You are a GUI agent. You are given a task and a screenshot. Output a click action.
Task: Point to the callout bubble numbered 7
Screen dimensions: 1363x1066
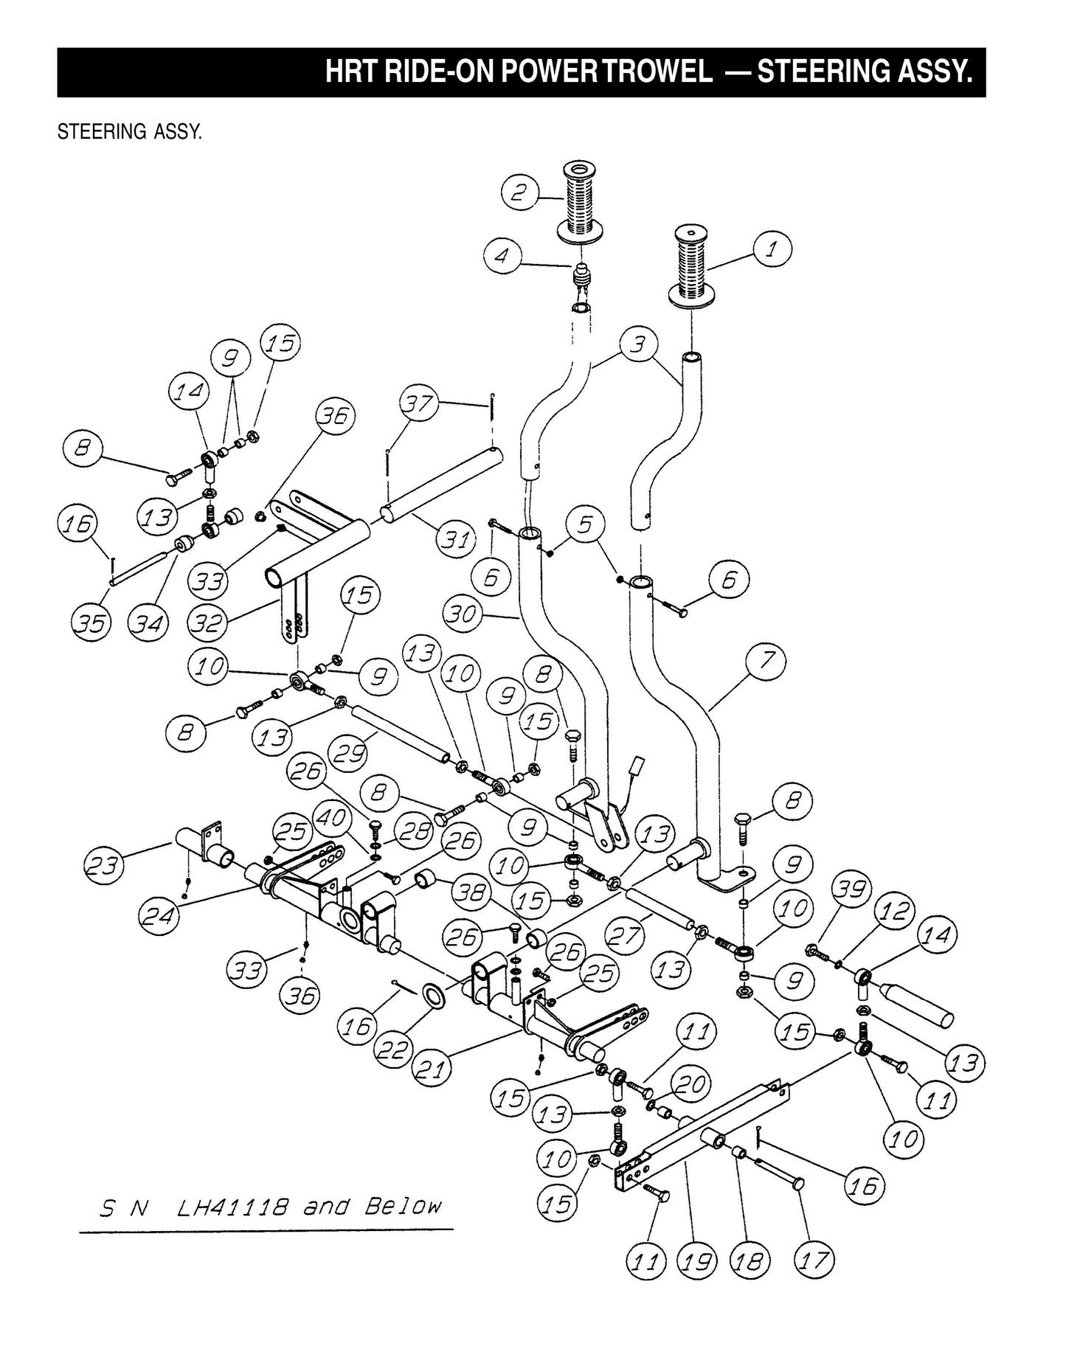[766, 660]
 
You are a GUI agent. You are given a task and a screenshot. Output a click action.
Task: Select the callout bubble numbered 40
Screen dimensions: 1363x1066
[333, 819]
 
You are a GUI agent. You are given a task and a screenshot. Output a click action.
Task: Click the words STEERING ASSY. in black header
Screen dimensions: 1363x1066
[865, 73]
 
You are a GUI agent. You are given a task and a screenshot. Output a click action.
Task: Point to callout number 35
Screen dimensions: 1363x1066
[91, 624]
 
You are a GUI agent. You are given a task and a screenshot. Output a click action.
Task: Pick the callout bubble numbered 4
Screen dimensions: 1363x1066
[502, 257]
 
